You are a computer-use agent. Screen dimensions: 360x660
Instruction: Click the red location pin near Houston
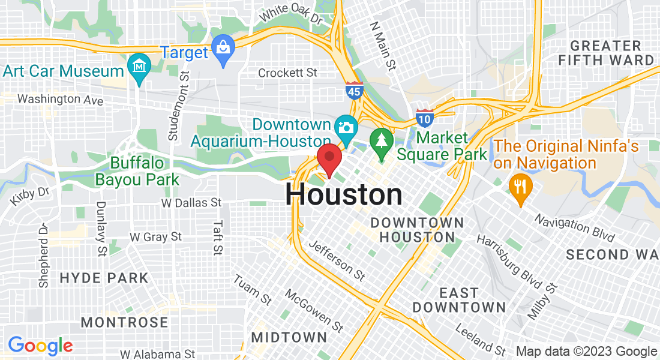click(x=329, y=159)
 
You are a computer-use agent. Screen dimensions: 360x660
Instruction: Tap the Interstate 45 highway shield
click(x=354, y=91)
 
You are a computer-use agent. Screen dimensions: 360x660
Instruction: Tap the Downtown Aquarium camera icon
click(x=346, y=127)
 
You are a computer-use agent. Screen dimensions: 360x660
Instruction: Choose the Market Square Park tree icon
click(x=381, y=142)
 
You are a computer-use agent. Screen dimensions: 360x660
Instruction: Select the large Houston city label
click(x=344, y=195)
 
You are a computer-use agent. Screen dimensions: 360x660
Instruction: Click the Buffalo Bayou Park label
click(x=137, y=171)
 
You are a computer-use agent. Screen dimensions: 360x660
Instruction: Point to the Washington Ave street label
click(x=61, y=99)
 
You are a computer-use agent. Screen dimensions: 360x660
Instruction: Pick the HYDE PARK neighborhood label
click(x=104, y=278)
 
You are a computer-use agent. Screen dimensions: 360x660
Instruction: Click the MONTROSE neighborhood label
click(x=124, y=322)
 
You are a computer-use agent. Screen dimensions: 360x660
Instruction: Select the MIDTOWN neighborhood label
click(x=289, y=337)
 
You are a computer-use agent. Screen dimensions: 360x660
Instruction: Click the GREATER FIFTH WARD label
click(x=606, y=53)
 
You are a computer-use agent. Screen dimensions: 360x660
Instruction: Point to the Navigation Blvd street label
click(x=575, y=227)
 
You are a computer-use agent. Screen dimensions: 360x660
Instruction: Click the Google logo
click(x=40, y=346)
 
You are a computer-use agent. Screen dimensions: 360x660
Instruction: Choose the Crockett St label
click(x=287, y=73)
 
